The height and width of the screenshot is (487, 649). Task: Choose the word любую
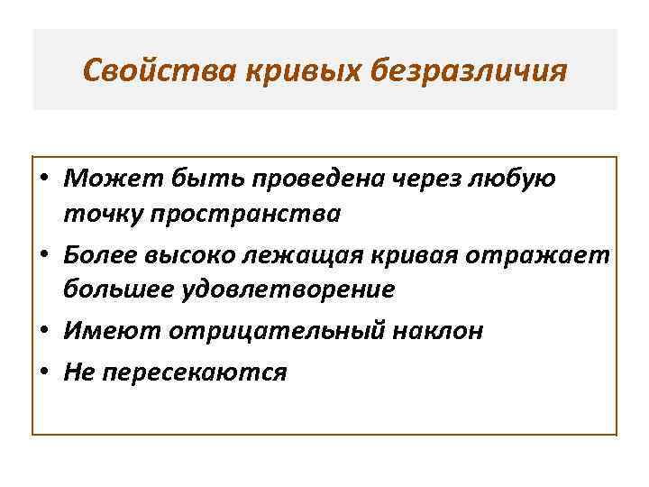517,179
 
